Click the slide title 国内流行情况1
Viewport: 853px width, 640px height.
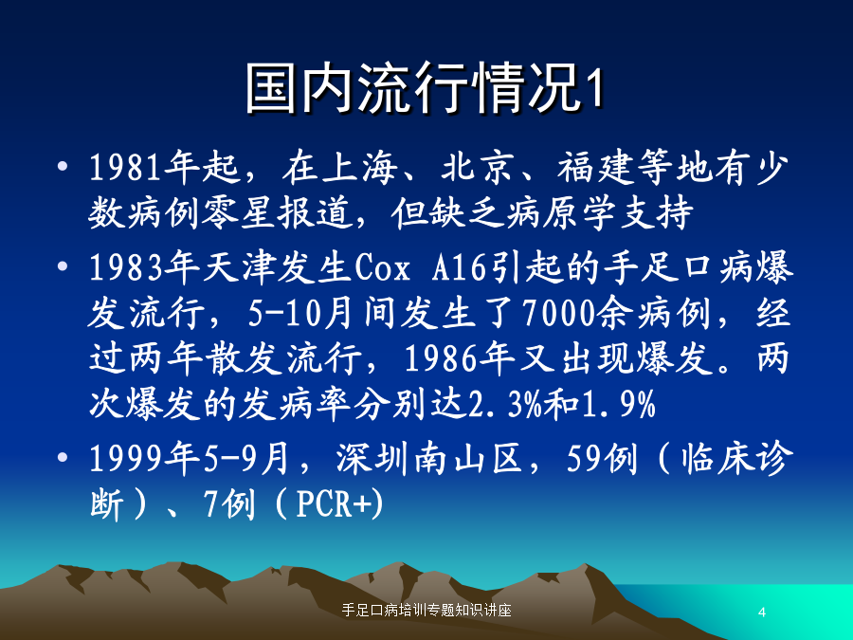[x=425, y=88]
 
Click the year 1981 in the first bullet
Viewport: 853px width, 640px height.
[x=126, y=167]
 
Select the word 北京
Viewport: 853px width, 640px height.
[x=477, y=167]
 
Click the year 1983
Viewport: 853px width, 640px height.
[x=126, y=267]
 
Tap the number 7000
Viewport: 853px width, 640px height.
[x=558, y=314]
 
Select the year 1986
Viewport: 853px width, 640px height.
[x=441, y=358]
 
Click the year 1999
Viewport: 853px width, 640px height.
[x=126, y=459]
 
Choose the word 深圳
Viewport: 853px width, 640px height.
[x=372, y=459]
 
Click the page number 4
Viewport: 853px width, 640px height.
[x=762, y=613]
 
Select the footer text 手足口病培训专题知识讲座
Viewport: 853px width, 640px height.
[x=426, y=610]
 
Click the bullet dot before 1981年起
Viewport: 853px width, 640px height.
[x=63, y=165]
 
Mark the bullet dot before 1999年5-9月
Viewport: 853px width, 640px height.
[x=63, y=457]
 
